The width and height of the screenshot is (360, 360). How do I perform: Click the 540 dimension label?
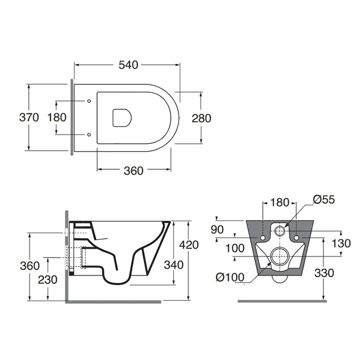click(x=129, y=65)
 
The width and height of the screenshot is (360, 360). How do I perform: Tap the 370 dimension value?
click(x=29, y=118)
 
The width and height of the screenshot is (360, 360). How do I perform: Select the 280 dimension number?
click(x=202, y=118)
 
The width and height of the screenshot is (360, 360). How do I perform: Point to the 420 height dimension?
click(x=189, y=245)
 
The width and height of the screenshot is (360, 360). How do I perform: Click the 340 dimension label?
click(x=174, y=265)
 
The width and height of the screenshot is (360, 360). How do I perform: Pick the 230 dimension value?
click(x=47, y=280)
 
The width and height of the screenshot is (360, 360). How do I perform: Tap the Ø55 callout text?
click(x=323, y=200)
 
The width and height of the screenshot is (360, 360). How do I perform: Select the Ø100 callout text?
click(x=230, y=277)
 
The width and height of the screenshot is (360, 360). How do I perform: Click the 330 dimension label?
click(x=324, y=273)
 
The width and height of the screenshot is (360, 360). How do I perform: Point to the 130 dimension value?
click(x=341, y=243)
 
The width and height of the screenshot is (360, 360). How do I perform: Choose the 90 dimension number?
click(x=217, y=229)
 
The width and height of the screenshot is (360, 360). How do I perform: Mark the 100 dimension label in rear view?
click(x=235, y=248)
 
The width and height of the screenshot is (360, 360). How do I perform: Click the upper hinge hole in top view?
click(x=89, y=101)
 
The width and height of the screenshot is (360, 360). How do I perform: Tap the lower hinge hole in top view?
click(x=89, y=135)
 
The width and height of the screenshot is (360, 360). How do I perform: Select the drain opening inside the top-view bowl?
click(x=122, y=118)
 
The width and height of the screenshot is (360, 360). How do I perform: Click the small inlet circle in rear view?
click(x=279, y=230)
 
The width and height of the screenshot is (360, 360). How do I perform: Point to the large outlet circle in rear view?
click(x=279, y=256)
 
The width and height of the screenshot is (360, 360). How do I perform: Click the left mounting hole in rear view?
click(x=263, y=238)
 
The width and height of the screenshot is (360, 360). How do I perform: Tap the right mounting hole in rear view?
click(x=296, y=238)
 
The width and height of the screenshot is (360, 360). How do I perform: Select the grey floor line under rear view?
click(x=282, y=301)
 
